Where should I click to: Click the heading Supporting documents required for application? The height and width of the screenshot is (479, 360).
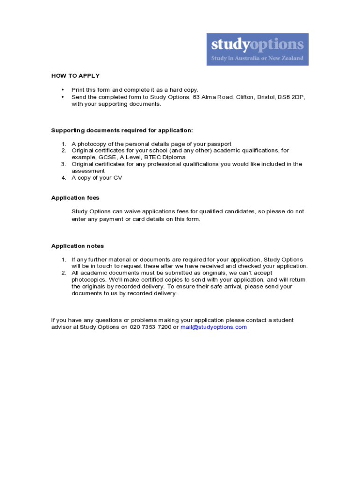coord(122,131)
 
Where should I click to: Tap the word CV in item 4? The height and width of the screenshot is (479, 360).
coord(118,178)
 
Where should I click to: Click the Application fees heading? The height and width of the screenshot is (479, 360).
coord(75,198)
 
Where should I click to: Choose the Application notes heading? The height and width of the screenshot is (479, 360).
coord(78,246)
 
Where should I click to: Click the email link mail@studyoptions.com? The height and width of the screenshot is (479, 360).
coord(214,327)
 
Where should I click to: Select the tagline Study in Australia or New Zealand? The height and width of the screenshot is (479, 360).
coord(257,58)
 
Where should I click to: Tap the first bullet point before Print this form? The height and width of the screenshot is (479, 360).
coord(63,90)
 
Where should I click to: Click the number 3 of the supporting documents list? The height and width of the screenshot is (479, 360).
coord(64,164)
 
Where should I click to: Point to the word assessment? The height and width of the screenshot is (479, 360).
coord(88,171)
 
